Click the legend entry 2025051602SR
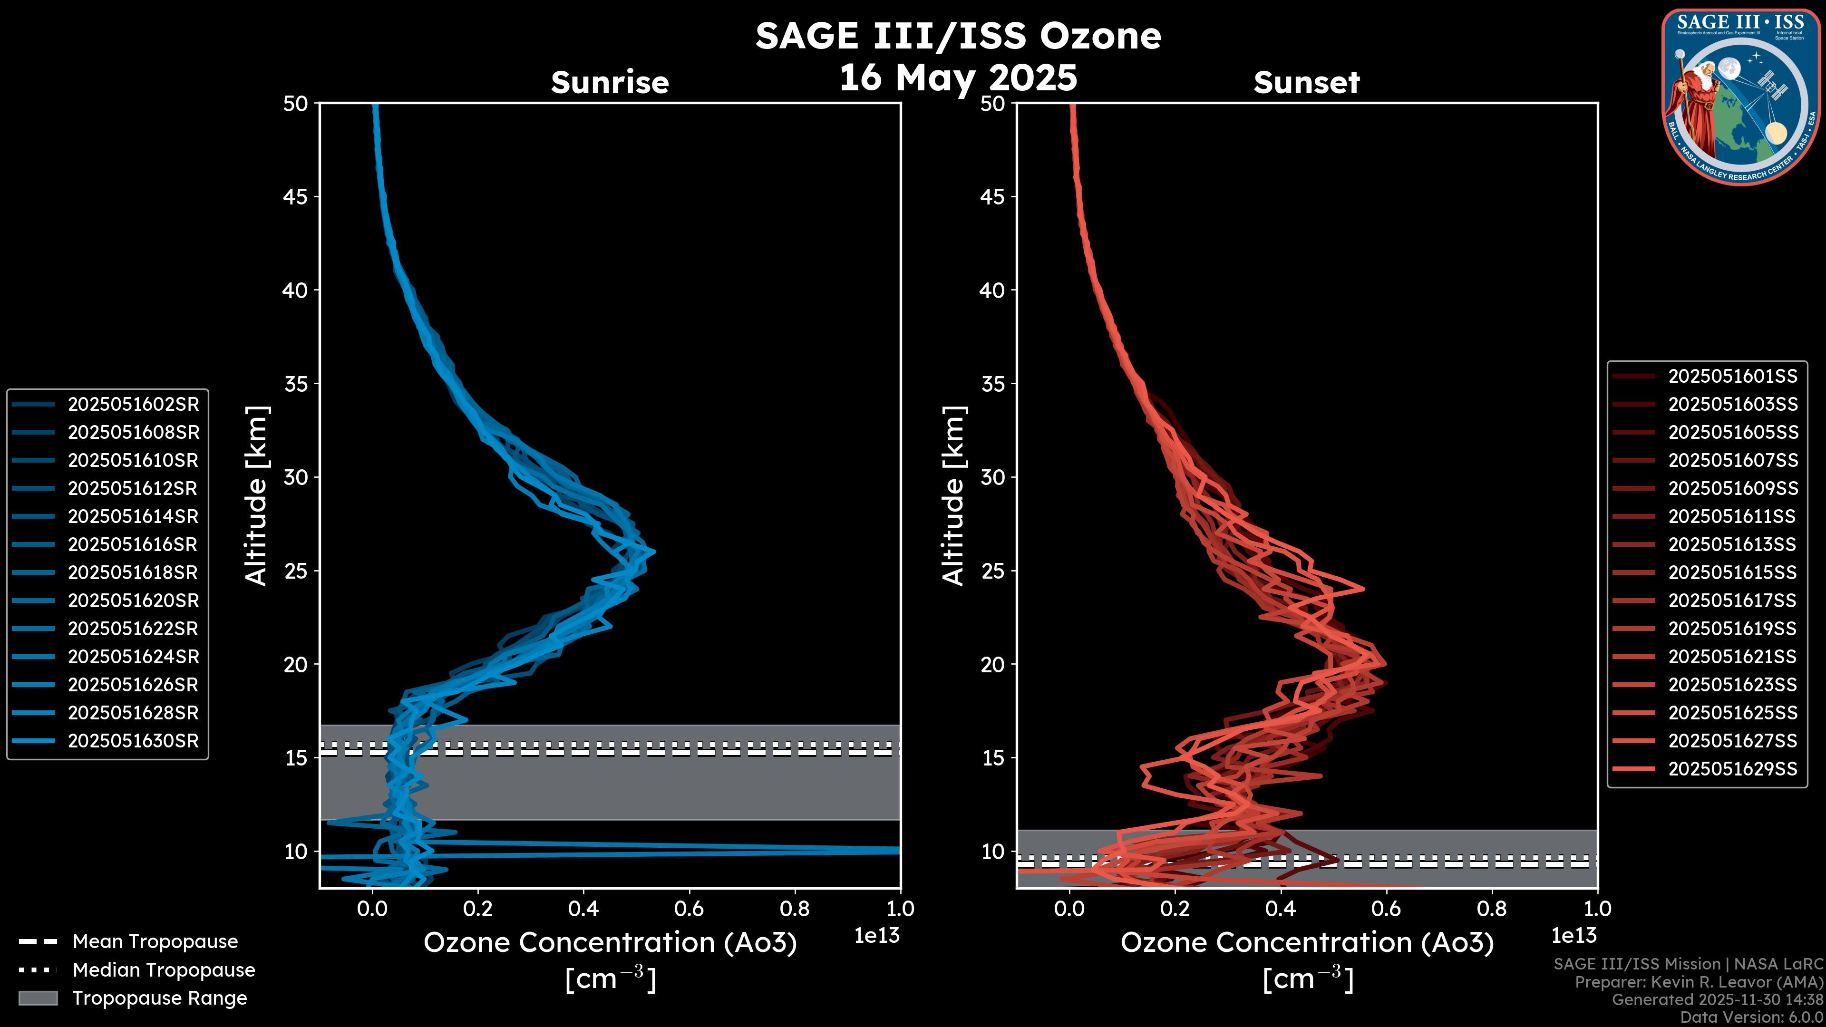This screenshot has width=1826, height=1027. pos(133,404)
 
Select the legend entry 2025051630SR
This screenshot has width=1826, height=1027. pos(133,741)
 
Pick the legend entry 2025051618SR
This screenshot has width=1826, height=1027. pos(133,572)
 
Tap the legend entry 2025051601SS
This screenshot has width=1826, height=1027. pos(1732,376)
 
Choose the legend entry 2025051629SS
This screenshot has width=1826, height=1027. pos(1732,768)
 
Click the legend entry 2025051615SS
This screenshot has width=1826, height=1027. pos(1732,572)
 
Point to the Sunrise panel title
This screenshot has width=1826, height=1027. pos(610,82)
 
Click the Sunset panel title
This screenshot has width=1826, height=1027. pos(1306,82)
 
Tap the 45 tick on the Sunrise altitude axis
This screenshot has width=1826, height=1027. pos(296,196)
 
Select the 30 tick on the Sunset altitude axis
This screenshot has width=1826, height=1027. pos(992,477)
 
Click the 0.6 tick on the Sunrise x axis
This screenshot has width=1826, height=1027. pos(689,908)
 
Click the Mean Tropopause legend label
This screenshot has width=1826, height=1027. pos(155,941)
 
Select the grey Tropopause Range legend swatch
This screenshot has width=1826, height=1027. pos(38,998)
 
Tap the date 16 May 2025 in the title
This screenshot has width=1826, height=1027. pos(958,77)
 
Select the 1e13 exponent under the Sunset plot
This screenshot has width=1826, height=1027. pos(1573,936)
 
